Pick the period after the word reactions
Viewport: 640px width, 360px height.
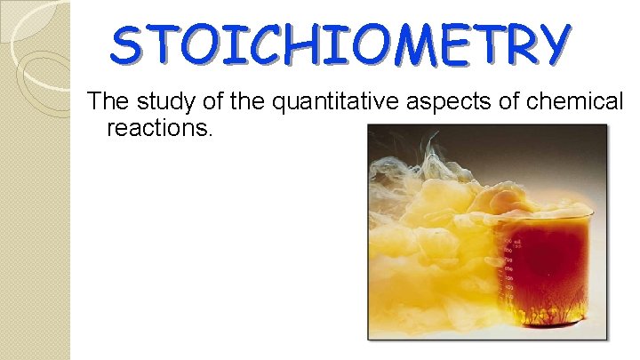tap(211, 133)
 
